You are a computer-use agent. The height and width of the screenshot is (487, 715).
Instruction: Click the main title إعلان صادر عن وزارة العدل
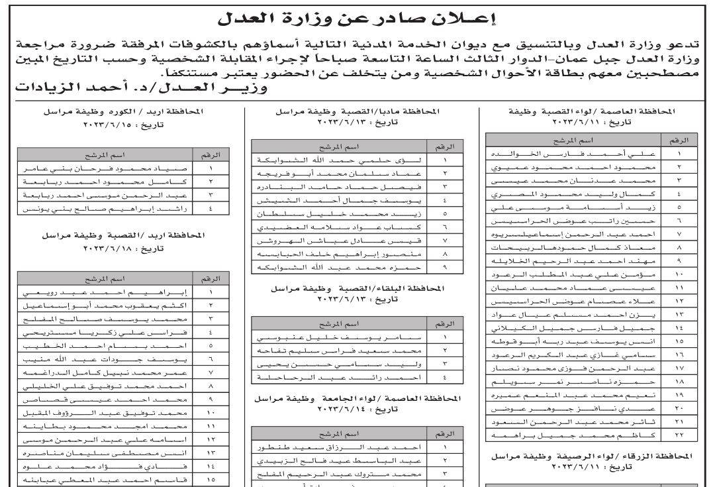(358, 19)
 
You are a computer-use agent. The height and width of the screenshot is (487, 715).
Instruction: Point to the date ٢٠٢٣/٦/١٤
(357, 411)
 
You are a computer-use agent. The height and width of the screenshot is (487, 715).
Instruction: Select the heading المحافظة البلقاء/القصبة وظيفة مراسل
(357, 290)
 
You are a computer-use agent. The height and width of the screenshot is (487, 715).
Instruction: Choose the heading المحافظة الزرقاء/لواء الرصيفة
(592, 457)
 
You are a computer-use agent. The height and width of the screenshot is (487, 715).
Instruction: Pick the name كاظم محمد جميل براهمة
(573, 435)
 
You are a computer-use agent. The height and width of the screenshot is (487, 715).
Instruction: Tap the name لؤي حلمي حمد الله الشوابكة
(341, 160)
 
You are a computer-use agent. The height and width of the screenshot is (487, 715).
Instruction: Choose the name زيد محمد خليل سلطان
(341, 214)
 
